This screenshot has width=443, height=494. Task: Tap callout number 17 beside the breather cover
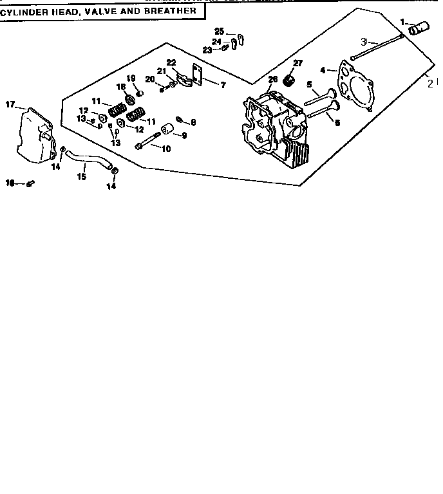10,104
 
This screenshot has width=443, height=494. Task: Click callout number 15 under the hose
82,176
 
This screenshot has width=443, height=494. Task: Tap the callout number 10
165,149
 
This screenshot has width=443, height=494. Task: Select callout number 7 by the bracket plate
223,84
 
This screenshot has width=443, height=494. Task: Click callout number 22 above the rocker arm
171,62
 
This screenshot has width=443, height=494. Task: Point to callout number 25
219,31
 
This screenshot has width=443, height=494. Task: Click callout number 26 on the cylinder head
272,79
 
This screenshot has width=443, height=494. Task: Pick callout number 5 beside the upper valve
309,84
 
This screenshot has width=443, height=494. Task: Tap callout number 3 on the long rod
364,41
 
